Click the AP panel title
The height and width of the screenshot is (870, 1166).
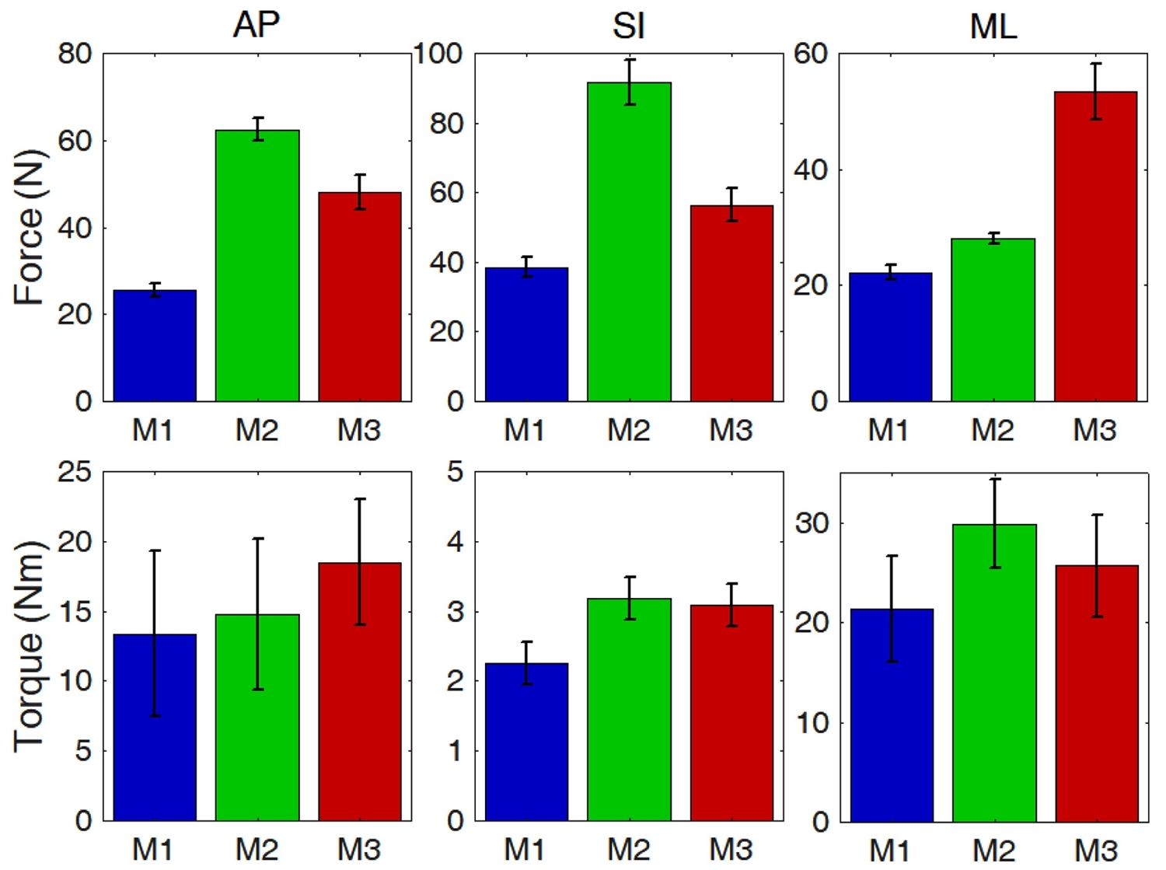pos(256,25)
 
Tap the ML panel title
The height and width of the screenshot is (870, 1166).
pos(993,26)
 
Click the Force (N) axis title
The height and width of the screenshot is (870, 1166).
pos(30,227)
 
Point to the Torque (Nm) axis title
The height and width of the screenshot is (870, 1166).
pos(30,645)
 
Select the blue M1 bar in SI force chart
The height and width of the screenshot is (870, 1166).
pos(526,334)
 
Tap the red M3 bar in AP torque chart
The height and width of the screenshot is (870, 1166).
pos(360,691)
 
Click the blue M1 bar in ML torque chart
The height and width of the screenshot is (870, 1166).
pos(892,715)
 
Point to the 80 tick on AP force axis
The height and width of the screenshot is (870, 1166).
pos(75,54)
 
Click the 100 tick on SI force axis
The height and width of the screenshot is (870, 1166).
pos(438,54)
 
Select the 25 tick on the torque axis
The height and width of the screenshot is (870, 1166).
pos(75,472)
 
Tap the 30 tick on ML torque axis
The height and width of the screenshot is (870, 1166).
pos(812,523)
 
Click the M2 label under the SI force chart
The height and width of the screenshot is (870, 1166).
pos(628,430)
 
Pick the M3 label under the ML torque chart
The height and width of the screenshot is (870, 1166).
pos(1095,850)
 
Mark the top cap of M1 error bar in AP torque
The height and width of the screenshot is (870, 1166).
pos(155,550)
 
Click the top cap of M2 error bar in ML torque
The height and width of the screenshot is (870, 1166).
pos(994,479)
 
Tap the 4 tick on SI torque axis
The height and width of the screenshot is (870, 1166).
pos(456,541)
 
